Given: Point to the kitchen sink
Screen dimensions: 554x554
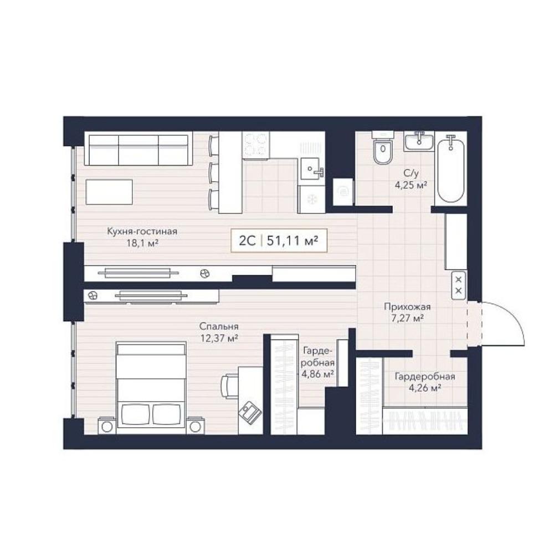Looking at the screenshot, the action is pos(311,171).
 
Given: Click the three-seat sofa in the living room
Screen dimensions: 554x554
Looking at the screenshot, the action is pos(138,150).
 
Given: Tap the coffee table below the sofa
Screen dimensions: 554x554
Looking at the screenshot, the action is pos(109,192).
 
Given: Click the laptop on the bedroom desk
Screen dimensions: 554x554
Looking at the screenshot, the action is pos(250,411).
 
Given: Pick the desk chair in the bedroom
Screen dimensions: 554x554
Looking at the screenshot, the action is pos(230,385).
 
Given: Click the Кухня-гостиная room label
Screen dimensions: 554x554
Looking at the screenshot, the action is pos(142,232).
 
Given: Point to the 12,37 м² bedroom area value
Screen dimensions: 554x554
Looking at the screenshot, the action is pos(219,338).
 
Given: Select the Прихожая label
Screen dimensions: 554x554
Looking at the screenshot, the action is pos(407,307).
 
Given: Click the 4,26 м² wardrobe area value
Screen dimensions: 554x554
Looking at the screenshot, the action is pos(425,388).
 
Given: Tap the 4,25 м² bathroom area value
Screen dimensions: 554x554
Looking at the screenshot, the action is pos(411,184).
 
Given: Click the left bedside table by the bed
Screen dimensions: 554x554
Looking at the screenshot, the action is pos(107,425).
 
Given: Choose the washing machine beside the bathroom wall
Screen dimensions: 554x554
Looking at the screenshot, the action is pos(343,192).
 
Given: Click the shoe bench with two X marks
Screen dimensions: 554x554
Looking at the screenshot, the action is pos(459,285).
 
